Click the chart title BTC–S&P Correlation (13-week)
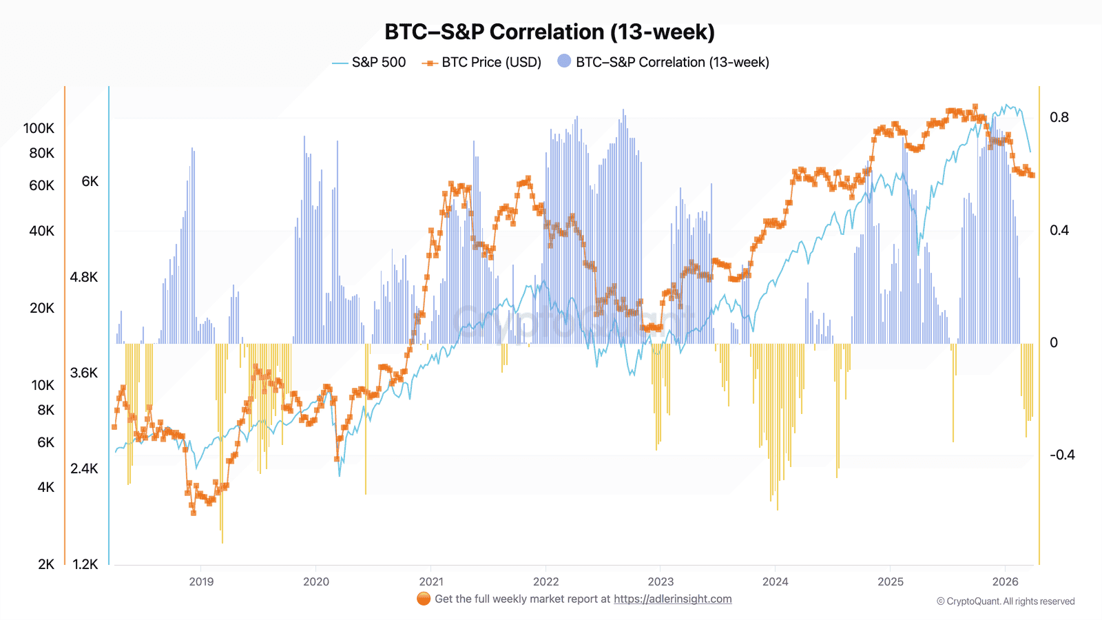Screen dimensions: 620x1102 click(x=550, y=32)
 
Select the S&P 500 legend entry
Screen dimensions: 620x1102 click(x=378, y=62)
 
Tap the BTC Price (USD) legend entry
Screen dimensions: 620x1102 click(x=491, y=62)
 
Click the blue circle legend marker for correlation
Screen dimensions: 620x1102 click(x=564, y=61)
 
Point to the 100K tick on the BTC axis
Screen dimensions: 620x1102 click(x=39, y=128)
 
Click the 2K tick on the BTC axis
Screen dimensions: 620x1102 click(x=46, y=564)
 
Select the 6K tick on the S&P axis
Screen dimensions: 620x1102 click(x=90, y=181)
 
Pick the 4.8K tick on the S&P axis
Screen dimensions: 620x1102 click(x=84, y=277)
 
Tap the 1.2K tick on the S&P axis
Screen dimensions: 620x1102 click(x=85, y=564)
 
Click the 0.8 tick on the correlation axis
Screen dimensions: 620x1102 click(x=1059, y=117)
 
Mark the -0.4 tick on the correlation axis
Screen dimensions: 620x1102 click(x=1062, y=455)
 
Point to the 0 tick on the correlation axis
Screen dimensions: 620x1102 click(x=1054, y=342)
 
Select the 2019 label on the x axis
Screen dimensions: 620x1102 click(x=201, y=581)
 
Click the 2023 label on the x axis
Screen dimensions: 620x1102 click(x=661, y=581)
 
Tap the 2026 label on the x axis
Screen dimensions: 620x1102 click(x=1005, y=581)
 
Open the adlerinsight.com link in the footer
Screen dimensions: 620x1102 click(x=672, y=599)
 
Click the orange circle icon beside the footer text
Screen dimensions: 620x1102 click(x=424, y=599)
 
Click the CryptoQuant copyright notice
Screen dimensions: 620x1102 click(x=1006, y=601)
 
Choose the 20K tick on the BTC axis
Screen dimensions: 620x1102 click(x=41, y=308)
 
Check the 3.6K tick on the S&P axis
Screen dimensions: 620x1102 click(x=84, y=373)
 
